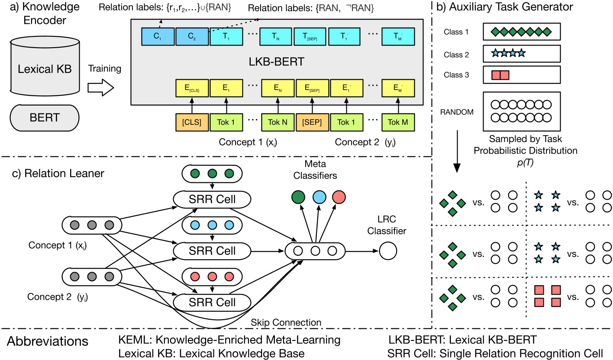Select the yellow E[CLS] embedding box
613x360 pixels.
click(x=191, y=88)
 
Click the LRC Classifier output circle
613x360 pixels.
click(x=387, y=250)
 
